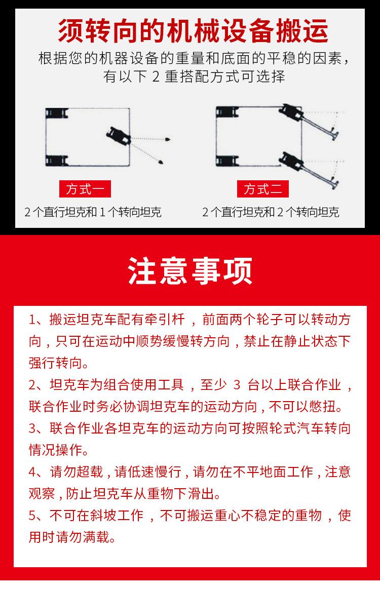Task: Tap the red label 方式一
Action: point(85,189)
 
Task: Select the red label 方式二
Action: point(262,189)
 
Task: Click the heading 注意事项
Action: point(190,271)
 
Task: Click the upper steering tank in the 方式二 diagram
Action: point(291,111)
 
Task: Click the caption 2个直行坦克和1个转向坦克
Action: point(93,212)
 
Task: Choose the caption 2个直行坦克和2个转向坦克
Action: point(271,212)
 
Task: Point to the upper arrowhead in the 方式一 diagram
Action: point(167,138)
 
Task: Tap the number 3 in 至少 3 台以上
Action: point(236,385)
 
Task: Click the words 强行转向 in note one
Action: point(54,363)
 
